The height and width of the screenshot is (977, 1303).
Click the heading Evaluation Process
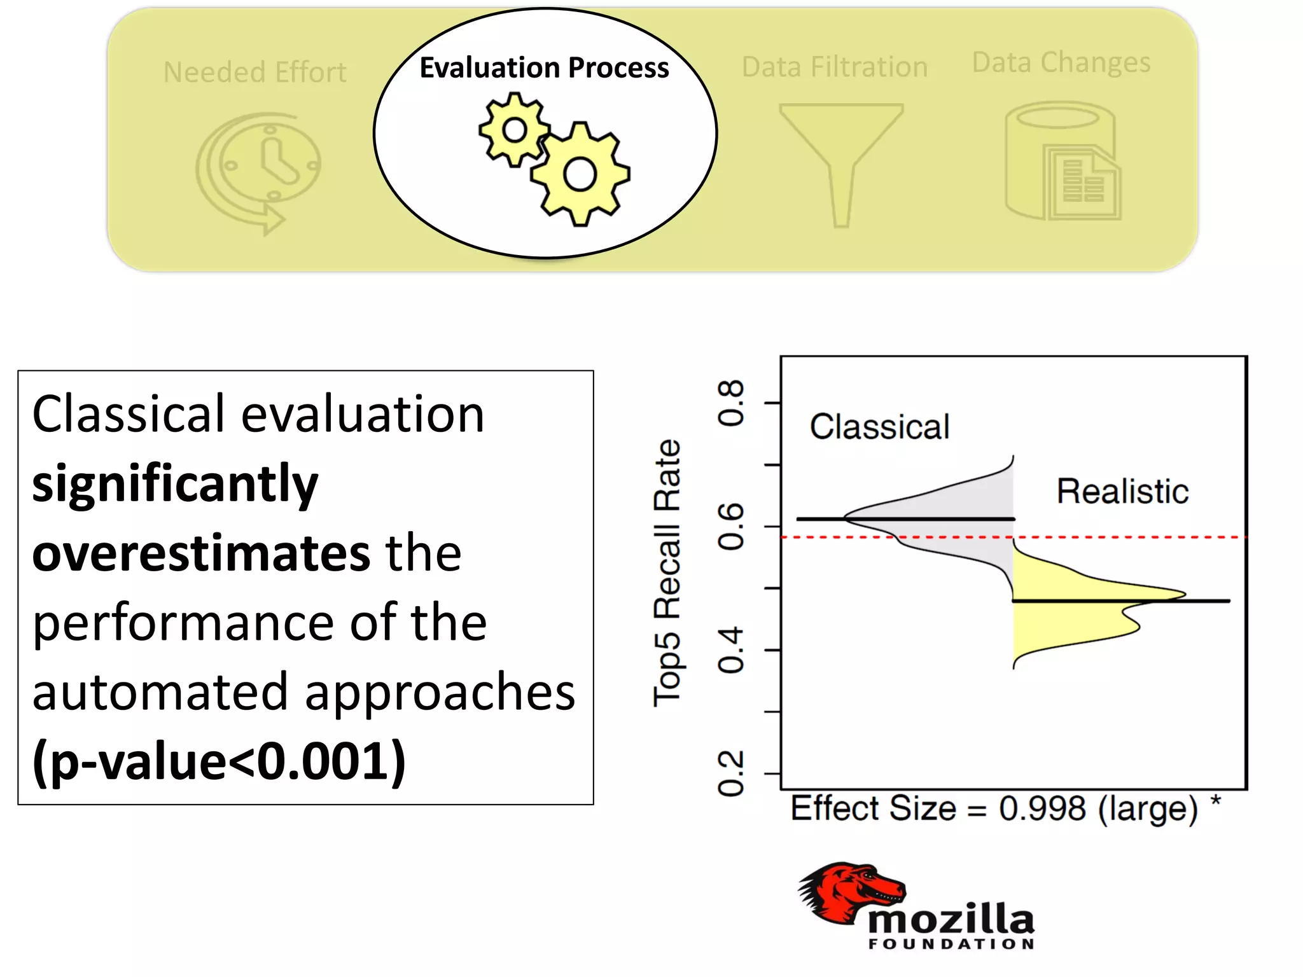coord(544,67)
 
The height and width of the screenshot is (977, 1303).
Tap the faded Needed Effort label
coord(254,73)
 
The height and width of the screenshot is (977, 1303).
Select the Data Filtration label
coord(834,67)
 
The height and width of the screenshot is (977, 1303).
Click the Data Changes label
coord(1061,62)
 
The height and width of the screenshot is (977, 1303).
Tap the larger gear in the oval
coord(580,174)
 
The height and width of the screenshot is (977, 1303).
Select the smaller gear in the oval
coord(514,130)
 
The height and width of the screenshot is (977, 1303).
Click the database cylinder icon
coord(1061,162)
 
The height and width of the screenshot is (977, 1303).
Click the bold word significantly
coord(175,483)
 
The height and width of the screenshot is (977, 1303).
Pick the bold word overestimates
coord(200,553)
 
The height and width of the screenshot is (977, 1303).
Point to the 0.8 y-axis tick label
coord(730,403)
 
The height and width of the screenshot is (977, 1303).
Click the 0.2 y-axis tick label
coord(730,773)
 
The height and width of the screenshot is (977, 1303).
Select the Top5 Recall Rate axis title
coord(667,572)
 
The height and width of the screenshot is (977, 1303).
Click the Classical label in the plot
coord(879,427)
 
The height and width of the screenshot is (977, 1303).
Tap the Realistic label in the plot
coord(1122,492)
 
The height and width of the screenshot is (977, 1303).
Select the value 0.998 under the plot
coord(1042,809)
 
